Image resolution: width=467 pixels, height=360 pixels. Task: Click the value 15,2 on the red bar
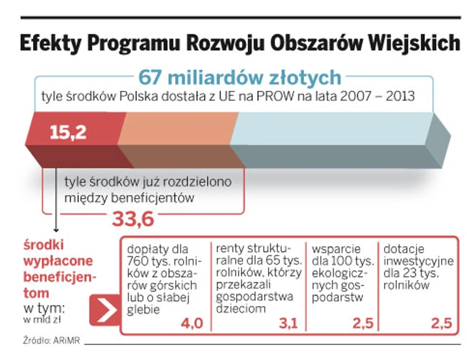tap(68, 133)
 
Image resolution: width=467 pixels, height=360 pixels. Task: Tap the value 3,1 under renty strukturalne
tap(288, 323)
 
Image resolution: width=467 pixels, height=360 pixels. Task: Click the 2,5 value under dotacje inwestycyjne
tap(441, 323)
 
